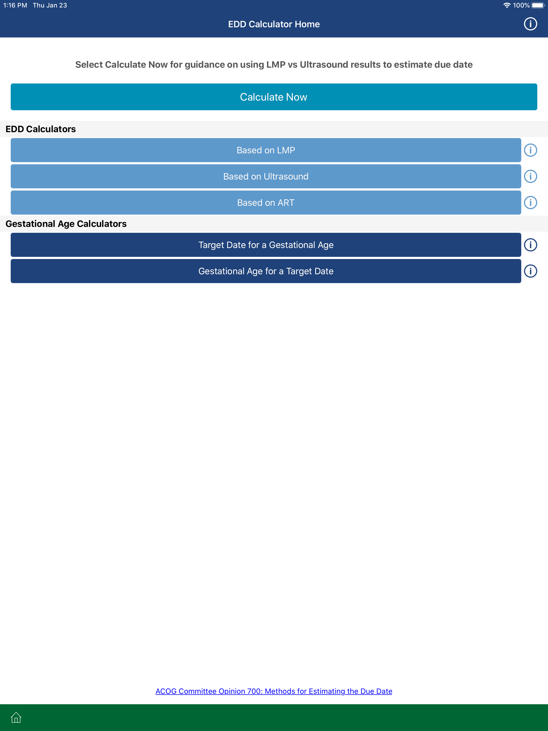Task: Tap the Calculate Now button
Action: click(x=274, y=97)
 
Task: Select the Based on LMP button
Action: click(x=266, y=150)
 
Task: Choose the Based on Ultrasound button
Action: click(x=266, y=177)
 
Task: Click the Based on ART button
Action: click(x=266, y=203)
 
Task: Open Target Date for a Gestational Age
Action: click(x=266, y=245)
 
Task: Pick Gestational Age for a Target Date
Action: click(x=266, y=271)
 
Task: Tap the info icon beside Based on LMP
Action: click(x=531, y=150)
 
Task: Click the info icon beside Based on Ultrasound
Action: click(x=531, y=177)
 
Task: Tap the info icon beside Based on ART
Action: click(x=531, y=203)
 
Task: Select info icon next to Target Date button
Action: click(x=531, y=245)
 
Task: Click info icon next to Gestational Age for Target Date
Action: click(x=531, y=271)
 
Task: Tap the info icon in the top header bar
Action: click(x=531, y=24)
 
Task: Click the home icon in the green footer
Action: click(x=16, y=717)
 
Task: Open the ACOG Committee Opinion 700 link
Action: click(x=274, y=691)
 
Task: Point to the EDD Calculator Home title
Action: click(x=274, y=24)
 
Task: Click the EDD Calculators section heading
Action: click(x=41, y=129)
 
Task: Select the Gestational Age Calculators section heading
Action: click(x=66, y=224)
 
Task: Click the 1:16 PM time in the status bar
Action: click(x=15, y=5)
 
